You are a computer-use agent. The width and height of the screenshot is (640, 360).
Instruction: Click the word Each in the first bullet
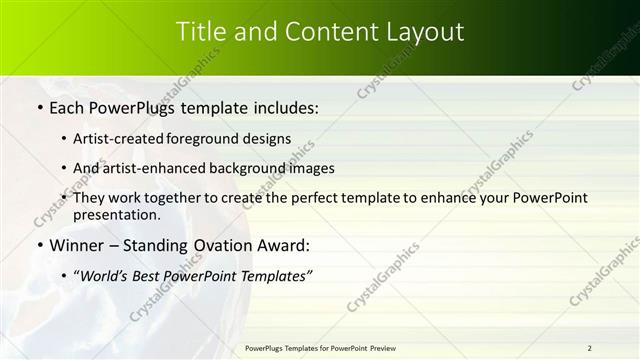coord(68,108)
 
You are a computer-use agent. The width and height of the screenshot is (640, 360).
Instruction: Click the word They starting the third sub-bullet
coord(90,197)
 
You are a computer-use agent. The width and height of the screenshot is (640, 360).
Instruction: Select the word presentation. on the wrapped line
coord(116,214)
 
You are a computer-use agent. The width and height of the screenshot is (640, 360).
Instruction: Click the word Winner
coord(76,245)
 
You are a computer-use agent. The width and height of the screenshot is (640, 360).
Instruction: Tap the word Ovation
coord(222,245)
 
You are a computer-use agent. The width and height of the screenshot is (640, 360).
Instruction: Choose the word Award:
coord(284,245)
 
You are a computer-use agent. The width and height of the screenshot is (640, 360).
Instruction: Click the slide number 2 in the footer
coord(590,348)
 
